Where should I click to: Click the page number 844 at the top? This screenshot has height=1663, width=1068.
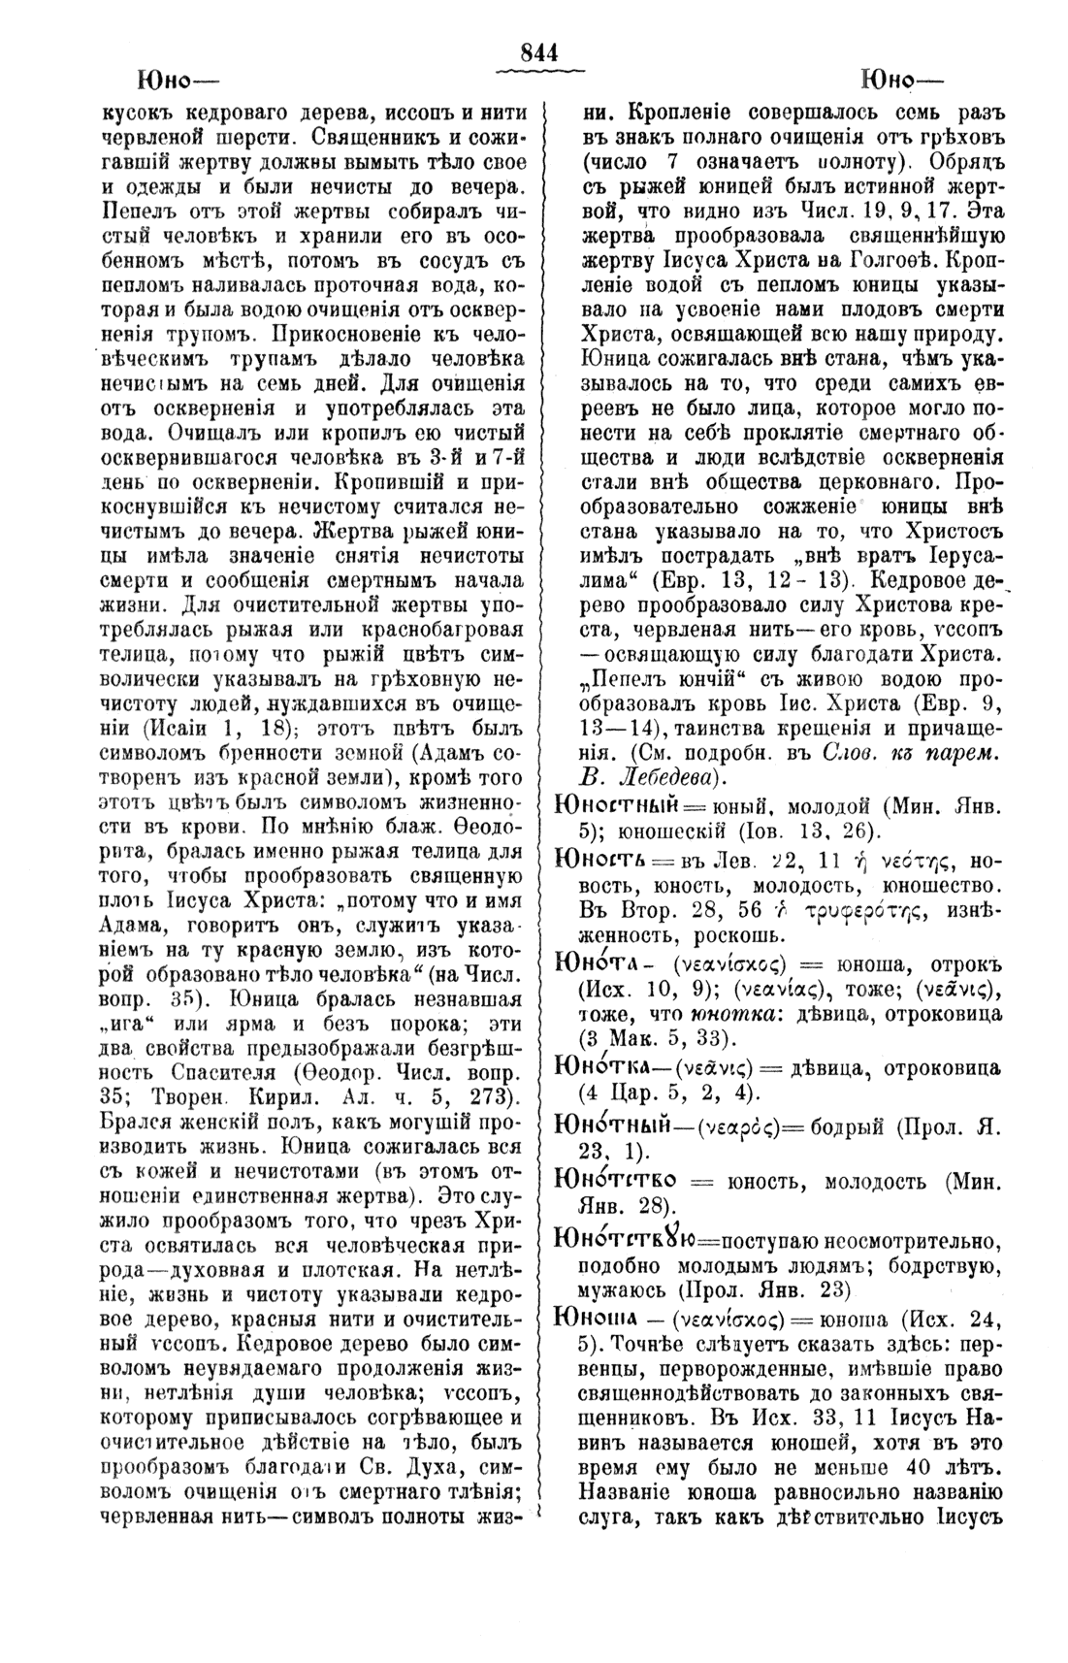pyautogui.click(x=539, y=53)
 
